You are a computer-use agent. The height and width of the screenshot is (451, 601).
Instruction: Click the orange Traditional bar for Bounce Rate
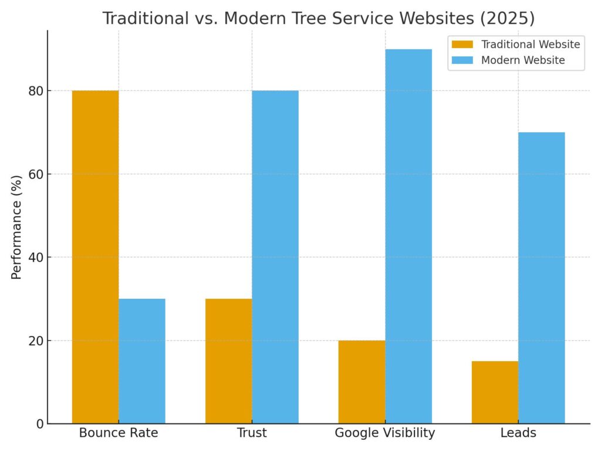(95, 257)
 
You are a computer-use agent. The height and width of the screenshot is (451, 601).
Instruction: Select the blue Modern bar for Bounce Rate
(142, 361)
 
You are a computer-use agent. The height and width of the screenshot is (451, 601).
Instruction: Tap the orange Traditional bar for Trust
(228, 361)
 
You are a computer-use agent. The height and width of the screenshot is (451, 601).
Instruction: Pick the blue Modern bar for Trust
(275, 257)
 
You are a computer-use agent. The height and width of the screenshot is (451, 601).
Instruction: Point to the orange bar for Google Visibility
(362, 382)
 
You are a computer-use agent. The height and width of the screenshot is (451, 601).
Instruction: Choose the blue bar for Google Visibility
(408, 236)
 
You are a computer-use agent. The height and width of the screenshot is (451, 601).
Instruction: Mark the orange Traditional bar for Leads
(495, 392)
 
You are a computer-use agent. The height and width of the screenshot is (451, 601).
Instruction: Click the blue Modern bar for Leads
(542, 278)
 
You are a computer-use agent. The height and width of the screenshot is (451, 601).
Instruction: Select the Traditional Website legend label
(531, 45)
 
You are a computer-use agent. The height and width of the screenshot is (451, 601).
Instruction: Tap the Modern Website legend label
(523, 60)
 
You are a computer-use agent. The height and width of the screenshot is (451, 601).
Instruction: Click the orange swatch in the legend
(462, 45)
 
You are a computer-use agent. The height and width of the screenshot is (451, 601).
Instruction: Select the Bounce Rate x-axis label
(119, 433)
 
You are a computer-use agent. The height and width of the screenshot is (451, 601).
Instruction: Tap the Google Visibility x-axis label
(385, 433)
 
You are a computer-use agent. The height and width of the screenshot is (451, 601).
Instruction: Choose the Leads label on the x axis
(518, 433)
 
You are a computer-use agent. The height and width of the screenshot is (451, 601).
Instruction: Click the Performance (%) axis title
(16, 226)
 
